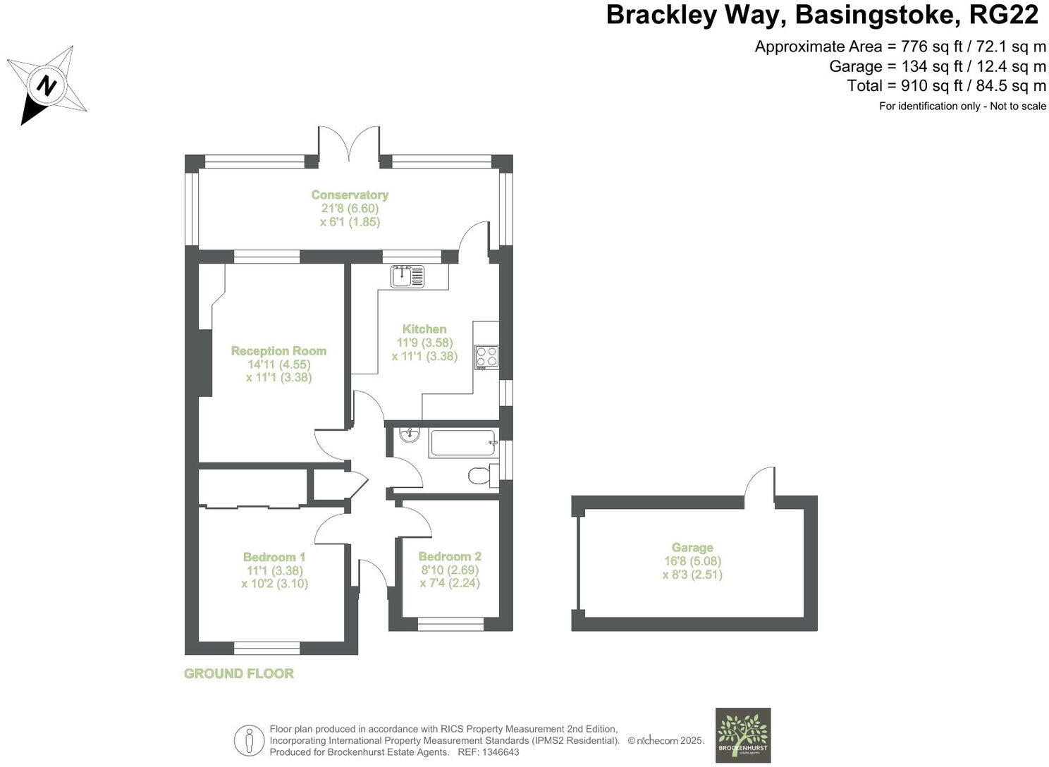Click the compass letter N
[x=47, y=85]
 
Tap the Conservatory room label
[x=350, y=195]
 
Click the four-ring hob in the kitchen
[x=486, y=356]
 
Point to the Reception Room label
[x=278, y=350]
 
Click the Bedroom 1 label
[x=274, y=557]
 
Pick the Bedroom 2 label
[x=450, y=556]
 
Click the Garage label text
[x=692, y=547]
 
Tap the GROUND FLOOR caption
[x=239, y=674]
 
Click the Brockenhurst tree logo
[x=743, y=735]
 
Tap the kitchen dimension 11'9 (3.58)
[x=424, y=343]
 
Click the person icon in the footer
[x=248, y=740]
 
